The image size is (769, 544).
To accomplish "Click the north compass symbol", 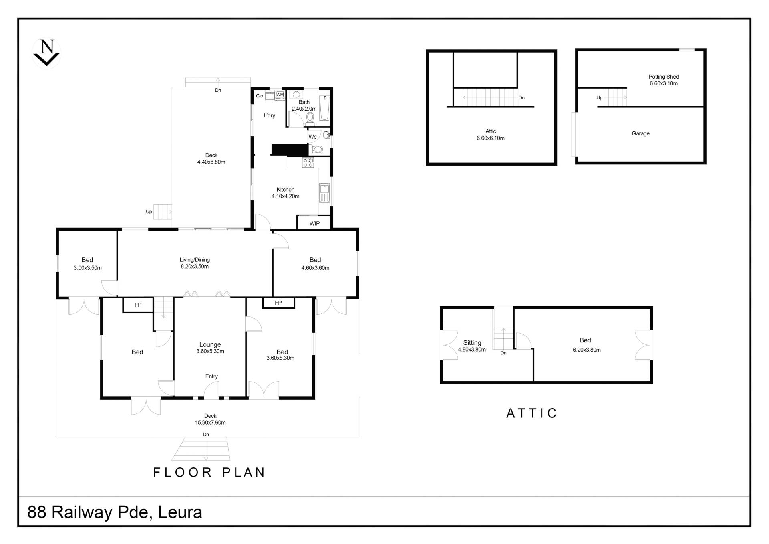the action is click(x=47, y=53).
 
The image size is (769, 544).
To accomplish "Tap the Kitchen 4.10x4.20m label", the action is click(x=286, y=193).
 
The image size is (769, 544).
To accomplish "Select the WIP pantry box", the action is click(x=314, y=222).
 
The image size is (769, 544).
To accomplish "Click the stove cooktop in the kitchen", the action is click(x=308, y=162).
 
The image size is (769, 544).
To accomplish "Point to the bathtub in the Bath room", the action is click(x=324, y=108).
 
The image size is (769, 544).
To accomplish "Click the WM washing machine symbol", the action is click(x=280, y=95).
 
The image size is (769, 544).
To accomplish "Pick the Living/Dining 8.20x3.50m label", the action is click(x=195, y=263).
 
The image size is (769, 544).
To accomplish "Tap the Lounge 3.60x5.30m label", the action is click(x=210, y=348).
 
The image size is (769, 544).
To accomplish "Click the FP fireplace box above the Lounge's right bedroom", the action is click(x=278, y=303).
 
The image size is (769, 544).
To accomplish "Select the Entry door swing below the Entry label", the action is click(x=211, y=390).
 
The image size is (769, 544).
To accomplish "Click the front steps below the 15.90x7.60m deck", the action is click(x=201, y=449).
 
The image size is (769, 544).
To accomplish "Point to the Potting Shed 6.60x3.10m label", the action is click(x=664, y=80).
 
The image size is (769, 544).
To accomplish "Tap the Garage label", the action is click(x=640, y=133).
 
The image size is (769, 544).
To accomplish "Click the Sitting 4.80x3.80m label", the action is click(x=472, y=346).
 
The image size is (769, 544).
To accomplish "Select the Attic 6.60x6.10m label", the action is click(x=491, y=134).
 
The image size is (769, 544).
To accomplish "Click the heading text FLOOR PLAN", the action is click(x=209, y=472).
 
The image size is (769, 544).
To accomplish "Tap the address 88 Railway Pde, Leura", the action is click(x=115, y=512).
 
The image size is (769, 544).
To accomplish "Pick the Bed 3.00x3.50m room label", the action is click(x=87, y=263).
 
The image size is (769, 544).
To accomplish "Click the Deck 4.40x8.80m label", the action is click(x=211, y=158).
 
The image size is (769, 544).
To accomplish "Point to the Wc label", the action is click(x=312, y=137).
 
